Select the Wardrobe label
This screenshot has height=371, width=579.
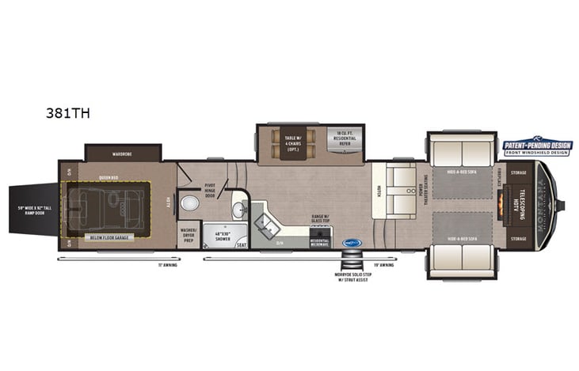(x=122, y=153)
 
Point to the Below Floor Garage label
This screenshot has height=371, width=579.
(x=108, y=237)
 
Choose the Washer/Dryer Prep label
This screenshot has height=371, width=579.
(x=189, y=234)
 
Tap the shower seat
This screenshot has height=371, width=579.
(x=241, y=244)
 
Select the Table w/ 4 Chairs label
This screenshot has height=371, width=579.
(x=290, y=142)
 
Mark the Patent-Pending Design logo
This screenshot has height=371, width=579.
(x=536, y=147)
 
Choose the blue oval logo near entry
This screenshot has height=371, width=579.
(x=352, y=243)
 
